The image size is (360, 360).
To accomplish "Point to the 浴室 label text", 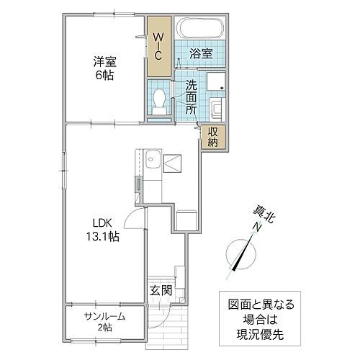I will [200, 54].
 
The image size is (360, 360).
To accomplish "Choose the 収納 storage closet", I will [214, 136].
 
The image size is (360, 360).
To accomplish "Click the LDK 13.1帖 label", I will [104, 229].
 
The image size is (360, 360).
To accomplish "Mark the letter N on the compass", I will [257, 229].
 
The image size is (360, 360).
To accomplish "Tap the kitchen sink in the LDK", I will [151, 162].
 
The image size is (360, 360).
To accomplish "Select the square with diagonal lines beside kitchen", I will [172, 164].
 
